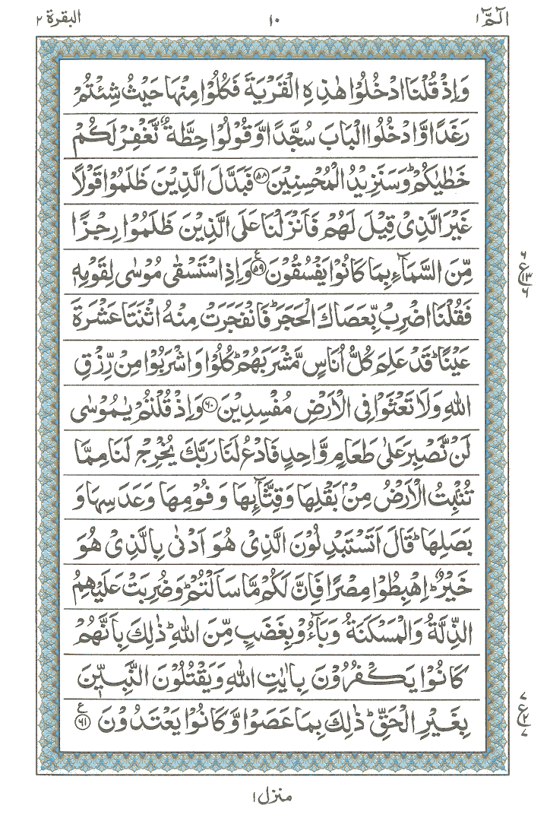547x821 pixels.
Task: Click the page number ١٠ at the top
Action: tap(273, 17)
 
